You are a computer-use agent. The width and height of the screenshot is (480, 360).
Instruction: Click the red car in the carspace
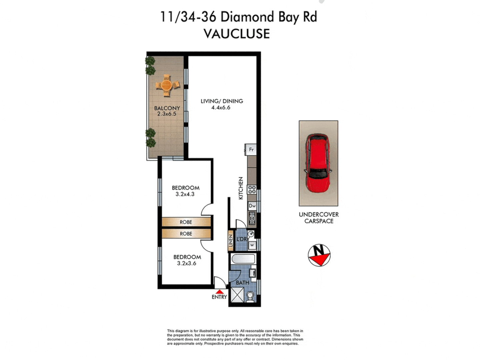tap(318, 163)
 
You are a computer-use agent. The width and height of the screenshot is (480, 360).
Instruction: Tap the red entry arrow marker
tap(219, 292)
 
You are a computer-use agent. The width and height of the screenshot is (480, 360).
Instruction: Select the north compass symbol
tap(319, 255)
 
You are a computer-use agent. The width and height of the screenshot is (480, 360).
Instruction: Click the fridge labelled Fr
tap(251, 150)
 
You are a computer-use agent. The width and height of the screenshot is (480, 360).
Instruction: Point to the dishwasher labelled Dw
tap(252, 206)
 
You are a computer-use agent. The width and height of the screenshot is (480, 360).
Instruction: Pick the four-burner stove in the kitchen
tap(252, 190)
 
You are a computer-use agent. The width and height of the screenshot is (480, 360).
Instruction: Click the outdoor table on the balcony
tap(167, 85)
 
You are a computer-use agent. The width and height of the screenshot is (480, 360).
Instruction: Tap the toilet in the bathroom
tap(250, 296)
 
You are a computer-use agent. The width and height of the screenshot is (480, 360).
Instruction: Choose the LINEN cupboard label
tap(231, 240)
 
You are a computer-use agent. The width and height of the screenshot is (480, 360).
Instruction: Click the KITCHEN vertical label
tap(241, 188)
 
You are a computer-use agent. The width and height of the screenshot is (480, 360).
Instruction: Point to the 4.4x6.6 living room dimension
tap(221, 108)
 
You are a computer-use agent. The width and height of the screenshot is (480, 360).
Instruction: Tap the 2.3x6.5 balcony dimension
tap(167, 114)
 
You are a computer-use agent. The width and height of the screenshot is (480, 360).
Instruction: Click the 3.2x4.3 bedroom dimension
tap(185, 194)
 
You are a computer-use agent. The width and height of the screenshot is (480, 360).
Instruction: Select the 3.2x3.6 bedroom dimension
tap(186, 263)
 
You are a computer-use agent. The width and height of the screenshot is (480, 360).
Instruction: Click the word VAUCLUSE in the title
tap(237, 34)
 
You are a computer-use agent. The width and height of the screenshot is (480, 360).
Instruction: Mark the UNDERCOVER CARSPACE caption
tap(319, 218)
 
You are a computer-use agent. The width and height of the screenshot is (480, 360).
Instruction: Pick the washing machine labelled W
tap(252, 245)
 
